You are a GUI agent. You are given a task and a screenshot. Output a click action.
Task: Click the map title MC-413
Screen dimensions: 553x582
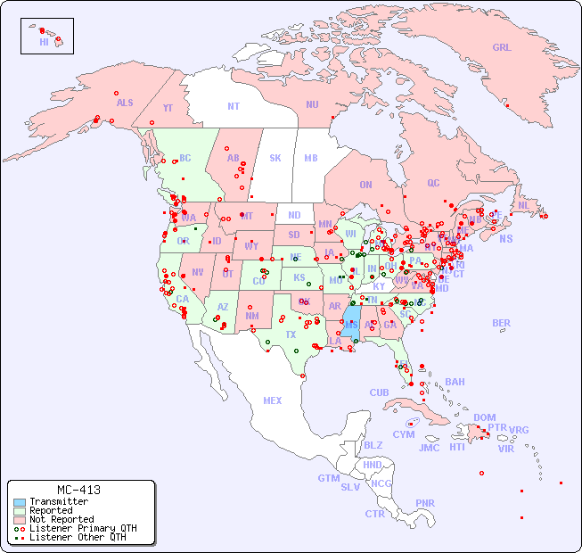click(78, 490)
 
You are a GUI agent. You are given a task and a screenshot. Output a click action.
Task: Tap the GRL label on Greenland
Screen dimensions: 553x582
click(502, 48)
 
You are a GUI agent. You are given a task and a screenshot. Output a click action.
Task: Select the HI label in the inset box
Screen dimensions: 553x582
click(44, 42)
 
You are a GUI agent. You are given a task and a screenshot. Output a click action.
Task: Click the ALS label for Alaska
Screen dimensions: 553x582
click(125, 103)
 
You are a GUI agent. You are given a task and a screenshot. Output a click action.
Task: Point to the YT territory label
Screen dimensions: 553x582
click(168, 107)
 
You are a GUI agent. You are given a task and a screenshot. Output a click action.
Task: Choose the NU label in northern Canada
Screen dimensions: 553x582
click(312, 104)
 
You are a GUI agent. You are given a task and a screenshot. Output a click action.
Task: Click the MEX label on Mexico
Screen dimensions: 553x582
click(272, 400)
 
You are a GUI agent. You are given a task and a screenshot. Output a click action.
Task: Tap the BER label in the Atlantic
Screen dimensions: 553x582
click(501, 323)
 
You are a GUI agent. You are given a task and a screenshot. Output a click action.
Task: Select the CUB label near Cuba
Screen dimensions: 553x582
click(379, 392)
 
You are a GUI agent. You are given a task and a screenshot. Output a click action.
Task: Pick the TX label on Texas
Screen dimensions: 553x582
click(291, 334)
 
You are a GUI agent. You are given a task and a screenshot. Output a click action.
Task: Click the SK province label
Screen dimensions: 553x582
click(275, 158)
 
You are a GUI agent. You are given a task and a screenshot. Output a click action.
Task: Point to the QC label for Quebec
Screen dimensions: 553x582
click(433, 183)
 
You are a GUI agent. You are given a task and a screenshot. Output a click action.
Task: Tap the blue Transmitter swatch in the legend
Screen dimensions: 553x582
click(20, 502)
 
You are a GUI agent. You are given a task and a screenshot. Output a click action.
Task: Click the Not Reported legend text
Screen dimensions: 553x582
click(61, 519)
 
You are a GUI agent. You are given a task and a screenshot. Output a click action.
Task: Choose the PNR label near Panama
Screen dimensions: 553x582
click(425, 503)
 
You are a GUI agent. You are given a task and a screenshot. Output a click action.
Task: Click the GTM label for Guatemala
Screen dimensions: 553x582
click(328, 478)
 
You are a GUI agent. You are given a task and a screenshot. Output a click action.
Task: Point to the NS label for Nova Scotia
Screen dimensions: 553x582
click(505, 238)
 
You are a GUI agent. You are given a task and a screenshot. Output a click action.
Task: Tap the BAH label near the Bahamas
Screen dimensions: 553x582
click(455, 382)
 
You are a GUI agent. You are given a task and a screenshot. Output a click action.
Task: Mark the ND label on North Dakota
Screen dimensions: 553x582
click(294, 215)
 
